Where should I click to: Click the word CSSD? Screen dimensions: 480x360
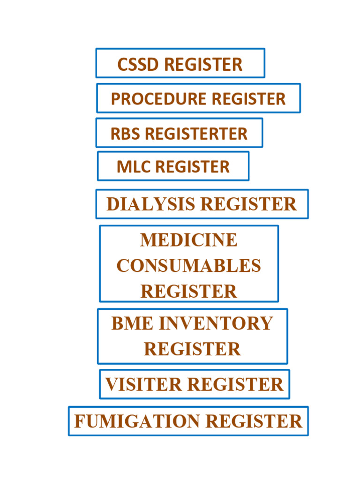click(139, 65)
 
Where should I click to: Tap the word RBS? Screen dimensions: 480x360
click(126, 134)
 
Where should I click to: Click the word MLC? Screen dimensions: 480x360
click(134, 166)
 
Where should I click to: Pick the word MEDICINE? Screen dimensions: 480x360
click(189, 240)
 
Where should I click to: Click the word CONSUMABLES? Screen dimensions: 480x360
click(189, 266)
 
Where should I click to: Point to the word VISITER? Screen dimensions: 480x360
click(143, 384)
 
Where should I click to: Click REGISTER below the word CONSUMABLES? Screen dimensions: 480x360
click(189, 291)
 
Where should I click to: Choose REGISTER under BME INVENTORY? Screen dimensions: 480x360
click(192, 349)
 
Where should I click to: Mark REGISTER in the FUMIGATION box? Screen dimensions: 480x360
click(254, 421)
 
